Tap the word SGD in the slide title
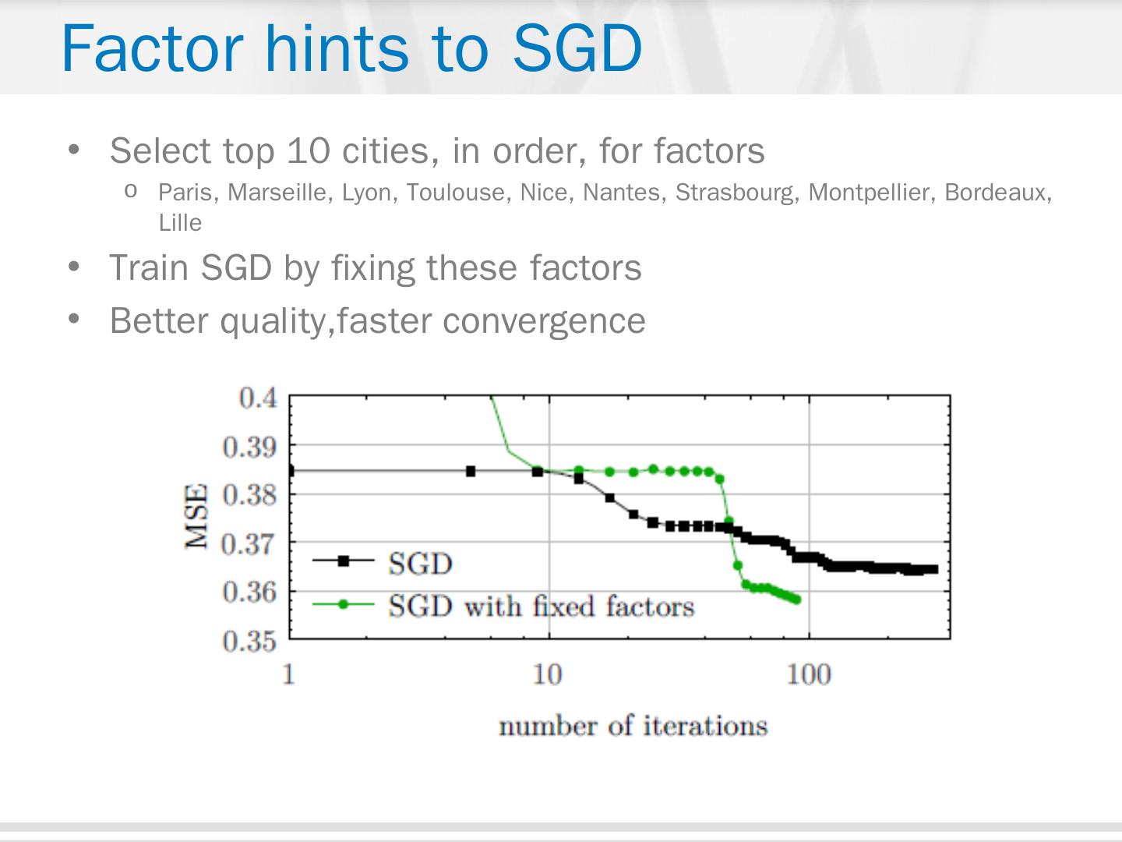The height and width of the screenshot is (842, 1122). (x=577, y=48)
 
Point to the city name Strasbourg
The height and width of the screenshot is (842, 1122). (x=736, y=193)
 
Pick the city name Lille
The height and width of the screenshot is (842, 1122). (x=180, y=223)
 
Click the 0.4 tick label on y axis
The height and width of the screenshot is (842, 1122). (x=258, y=398)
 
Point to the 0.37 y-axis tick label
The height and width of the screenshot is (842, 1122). (x=249, y=543)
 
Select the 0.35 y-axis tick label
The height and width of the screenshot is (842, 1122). (x=249, y=641)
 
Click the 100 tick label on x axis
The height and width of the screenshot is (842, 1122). (x=808, y=674)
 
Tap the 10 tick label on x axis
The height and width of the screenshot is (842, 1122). (x=548, y=674)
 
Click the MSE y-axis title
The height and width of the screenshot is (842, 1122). (x=197, y=516)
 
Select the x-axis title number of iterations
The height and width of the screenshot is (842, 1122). (x=633, y=726)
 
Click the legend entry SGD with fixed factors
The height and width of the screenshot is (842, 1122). (x=541, y=606)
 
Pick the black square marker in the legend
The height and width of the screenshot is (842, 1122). (x=343, y=560)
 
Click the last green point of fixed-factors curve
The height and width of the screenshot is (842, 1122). (x=796, y=600)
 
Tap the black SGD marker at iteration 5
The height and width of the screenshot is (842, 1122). (x=471, y=471)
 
